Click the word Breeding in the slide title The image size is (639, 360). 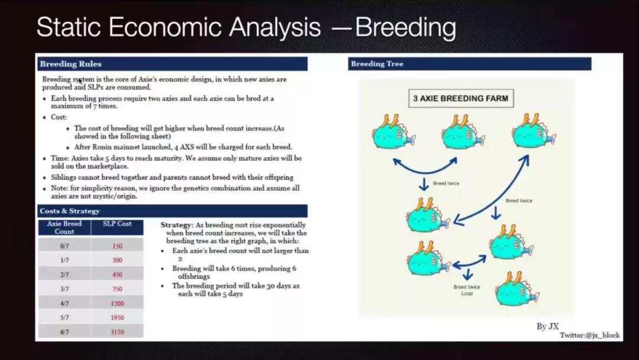coord(405,27)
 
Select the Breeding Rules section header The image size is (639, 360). coord(172,64)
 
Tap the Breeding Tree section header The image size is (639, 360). coord(469,63)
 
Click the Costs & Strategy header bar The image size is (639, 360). coord(172,211)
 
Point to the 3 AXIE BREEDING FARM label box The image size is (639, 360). coord(461,98)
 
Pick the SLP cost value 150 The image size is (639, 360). coord(117,246)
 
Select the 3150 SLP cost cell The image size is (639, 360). coord(117,332)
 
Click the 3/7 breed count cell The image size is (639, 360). coord(64,289)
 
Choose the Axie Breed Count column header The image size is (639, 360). coord(64,227)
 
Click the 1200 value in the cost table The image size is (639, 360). coord(117,303)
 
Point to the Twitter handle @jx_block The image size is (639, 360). coord(590,335)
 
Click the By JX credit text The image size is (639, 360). coord(548,326)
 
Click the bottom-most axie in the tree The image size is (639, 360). coord(517,289)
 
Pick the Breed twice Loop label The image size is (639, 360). coord(467,290)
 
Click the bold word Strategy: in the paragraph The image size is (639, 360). coord(176,224)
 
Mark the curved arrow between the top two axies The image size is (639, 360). coord(425,171)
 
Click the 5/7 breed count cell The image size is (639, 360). coord(64,317)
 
